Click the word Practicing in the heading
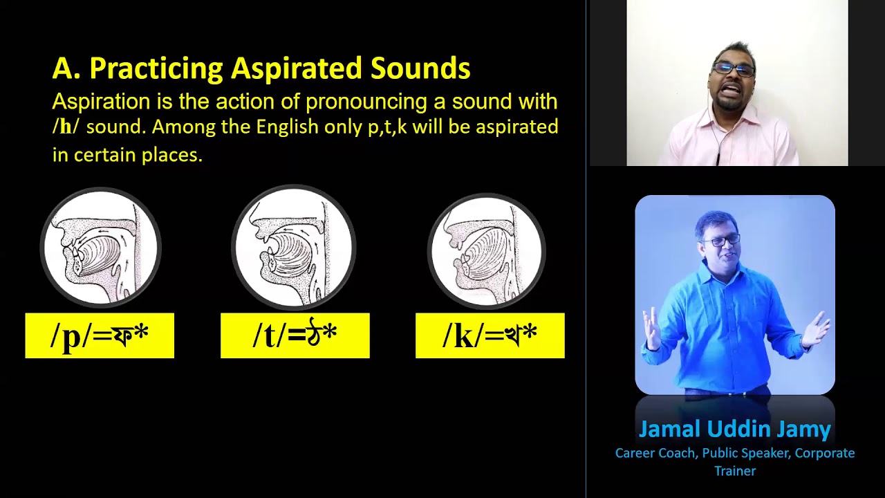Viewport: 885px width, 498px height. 157,69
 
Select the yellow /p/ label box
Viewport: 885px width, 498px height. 100,335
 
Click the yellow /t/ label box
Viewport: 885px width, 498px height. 295,335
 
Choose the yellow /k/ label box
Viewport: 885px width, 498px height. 490,335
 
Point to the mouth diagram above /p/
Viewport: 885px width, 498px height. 101,247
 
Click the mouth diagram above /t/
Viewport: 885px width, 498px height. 294,247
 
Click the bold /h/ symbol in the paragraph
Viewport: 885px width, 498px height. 66,128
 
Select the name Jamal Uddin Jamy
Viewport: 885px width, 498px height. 734,430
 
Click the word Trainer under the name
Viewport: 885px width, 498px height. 735,471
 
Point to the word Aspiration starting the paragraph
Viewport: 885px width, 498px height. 101,102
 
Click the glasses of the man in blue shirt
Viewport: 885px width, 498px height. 722,241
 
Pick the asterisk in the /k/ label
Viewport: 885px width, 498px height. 530,333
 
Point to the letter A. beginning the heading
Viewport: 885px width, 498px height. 67,69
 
